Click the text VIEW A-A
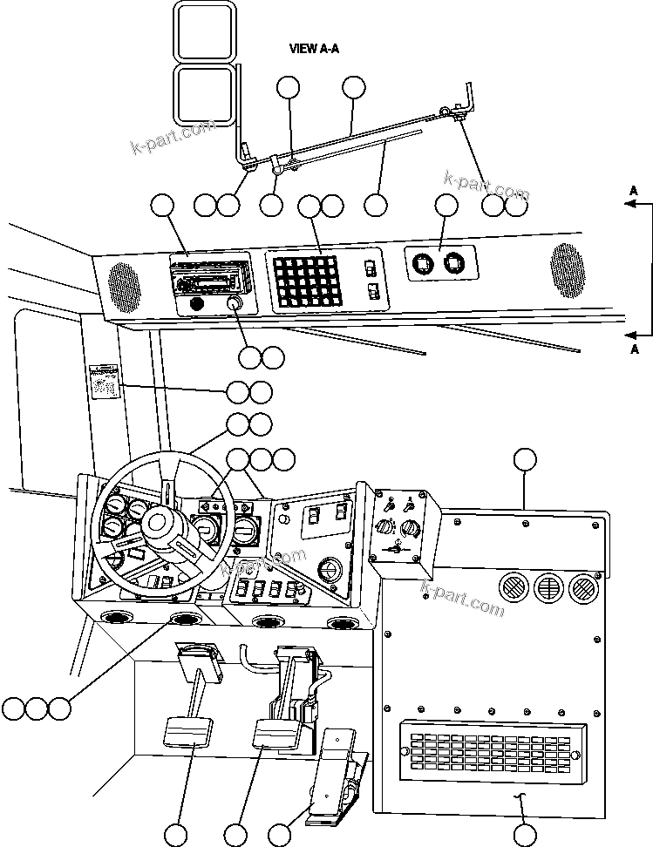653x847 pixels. pyautogui.click(x=314, y=50)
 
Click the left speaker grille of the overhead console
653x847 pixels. pyautogui.click(x=124, y=288)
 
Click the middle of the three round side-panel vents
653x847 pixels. pyautogui.click(x=548, y=589)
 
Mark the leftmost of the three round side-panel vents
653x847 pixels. pyautogui.click(x=513, y=588)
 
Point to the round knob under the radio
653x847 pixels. pyautogui.click(x=234, y=304)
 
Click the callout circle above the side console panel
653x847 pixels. pyautogui.click(x=524, y=461)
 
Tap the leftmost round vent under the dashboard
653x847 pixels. pyautogui.click(x=113, y=621)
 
